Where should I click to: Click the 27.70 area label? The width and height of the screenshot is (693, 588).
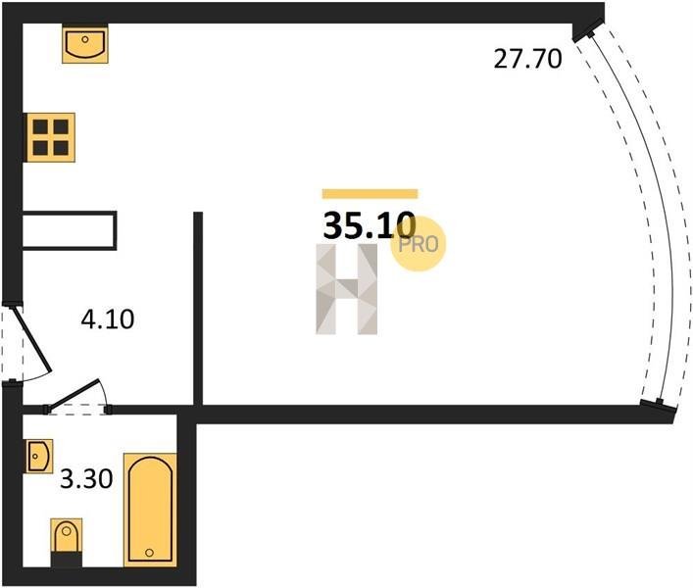point(527,59)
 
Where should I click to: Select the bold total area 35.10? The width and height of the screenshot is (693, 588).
point(370,225)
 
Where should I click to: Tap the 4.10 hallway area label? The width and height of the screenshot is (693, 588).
point(108,319)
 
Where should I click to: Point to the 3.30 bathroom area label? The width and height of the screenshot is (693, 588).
point(86,478)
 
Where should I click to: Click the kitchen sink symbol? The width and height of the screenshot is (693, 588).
point(85,44)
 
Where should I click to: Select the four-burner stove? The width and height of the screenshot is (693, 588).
point(50,137)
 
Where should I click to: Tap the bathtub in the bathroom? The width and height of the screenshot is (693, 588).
point(150,510)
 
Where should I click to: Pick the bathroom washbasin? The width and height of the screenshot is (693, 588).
point(39,456)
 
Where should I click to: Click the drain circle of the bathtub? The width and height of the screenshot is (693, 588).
point(149,552)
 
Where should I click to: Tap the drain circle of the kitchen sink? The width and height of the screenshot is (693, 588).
point(85,39)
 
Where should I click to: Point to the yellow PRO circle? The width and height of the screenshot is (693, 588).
point(419,244)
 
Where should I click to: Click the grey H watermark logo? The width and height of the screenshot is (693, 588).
point(347,289)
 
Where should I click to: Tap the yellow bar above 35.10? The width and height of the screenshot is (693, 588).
point(370,193)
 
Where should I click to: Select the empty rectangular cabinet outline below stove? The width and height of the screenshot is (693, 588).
point(70,230)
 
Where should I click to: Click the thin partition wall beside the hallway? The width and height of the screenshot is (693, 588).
point(198,309)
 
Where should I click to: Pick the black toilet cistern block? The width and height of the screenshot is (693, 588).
point(67,560)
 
